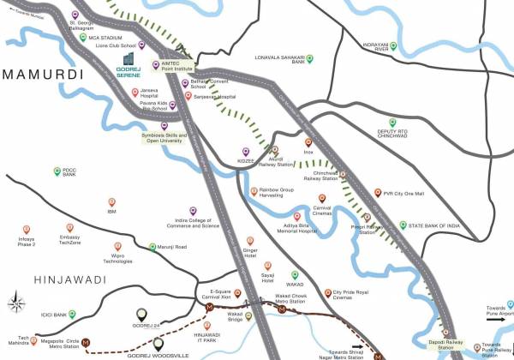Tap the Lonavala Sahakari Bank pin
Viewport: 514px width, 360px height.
pyautogui.click(x=311, y=58)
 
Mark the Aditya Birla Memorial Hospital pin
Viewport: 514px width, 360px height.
pyautogui.click(x=296, y=217)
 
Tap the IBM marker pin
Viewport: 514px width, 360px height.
pyautogui.click(x=111, y=201)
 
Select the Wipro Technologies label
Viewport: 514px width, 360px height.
pyautogui.click(x=112, y=258)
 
